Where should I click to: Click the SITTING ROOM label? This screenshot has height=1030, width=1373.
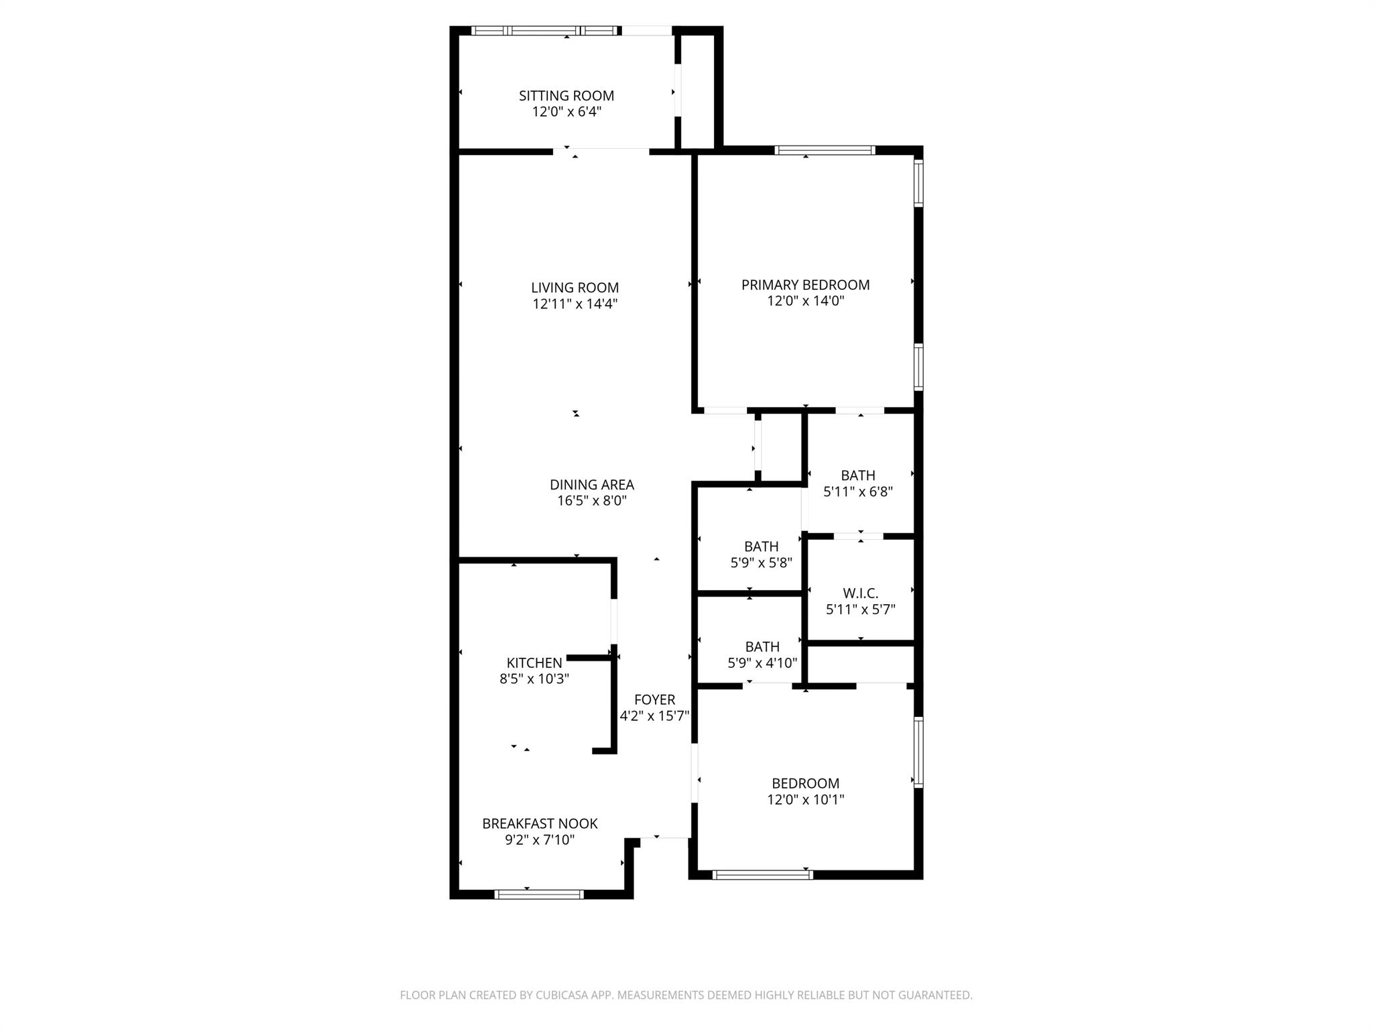point(566,96)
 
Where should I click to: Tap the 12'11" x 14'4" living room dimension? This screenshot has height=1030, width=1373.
point(575,304)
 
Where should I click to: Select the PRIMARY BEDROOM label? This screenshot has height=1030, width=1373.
point(805,285)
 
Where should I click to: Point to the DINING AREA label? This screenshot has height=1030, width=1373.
point(591,485)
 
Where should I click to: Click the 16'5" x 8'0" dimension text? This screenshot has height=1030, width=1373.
point(591,501)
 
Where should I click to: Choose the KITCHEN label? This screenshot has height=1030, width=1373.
point(534,663)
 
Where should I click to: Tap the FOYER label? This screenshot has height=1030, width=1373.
point(654,700)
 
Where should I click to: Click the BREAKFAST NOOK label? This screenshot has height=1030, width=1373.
point(540,823)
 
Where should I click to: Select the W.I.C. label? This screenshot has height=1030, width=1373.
point(860,593)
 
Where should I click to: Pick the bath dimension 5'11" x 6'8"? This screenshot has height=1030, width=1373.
point(857,492)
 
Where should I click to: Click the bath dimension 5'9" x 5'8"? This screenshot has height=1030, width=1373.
point(761,563)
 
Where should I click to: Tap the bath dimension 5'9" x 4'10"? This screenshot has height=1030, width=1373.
point(762,663)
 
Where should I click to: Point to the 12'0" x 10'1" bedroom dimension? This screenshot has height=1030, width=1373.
point(805,799)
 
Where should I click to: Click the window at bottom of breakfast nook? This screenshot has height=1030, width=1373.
point(539,894)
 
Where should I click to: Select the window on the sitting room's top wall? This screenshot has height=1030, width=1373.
point(544,31)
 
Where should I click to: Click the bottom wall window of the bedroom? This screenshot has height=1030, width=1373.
point(762,874)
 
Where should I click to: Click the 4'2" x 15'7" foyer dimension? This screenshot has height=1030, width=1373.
point(654,716)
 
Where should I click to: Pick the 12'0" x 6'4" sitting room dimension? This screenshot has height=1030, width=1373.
point(566,112)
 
